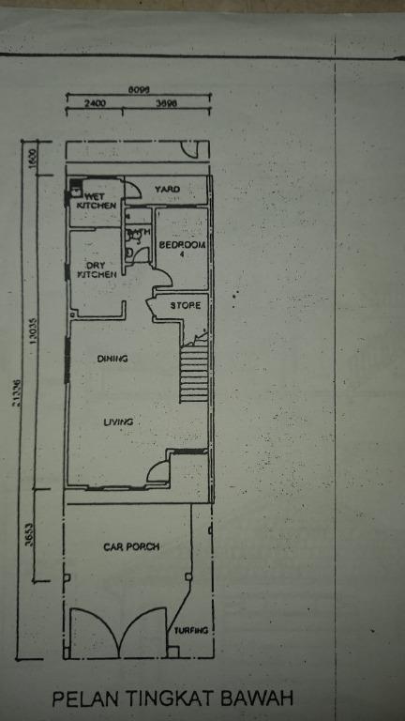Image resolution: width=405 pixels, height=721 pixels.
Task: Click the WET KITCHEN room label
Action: click(x=97, y=200)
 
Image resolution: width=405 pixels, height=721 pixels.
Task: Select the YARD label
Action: click(x=167, y=190)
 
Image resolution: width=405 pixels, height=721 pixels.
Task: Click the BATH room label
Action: click(x=138, y=232)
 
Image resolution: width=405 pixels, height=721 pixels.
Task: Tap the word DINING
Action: click(x=112, y=358)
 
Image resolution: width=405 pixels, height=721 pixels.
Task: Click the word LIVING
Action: click(x=116, y=422)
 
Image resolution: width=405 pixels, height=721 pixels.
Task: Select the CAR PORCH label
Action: click(x=131, y=546)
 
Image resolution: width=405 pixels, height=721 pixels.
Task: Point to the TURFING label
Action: click(x=190, y=630)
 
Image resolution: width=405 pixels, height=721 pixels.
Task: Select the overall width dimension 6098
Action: click(x=139, y=90)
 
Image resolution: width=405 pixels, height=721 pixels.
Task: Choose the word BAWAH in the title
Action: click(x=255, y=698)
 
